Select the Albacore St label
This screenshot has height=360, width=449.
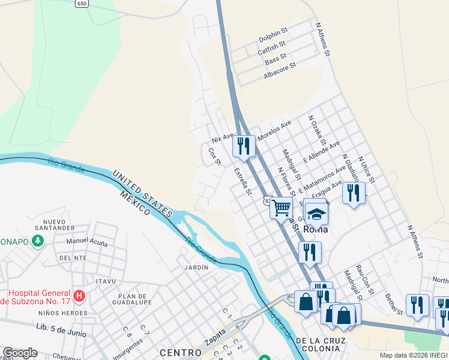click(280, 71)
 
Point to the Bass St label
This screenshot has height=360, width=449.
click(276, 60)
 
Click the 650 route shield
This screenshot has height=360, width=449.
click(83, 3)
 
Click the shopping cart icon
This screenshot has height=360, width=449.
click(281, 208)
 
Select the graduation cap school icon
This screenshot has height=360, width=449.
click(316, 212)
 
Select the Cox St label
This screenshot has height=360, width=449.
click(215, 157)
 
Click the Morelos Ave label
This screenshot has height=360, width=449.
click(274, 130)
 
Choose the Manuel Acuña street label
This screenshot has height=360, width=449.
click(87, 242)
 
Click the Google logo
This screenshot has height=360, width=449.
click(19, 353)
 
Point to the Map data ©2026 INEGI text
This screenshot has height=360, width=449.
click(413, 355)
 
